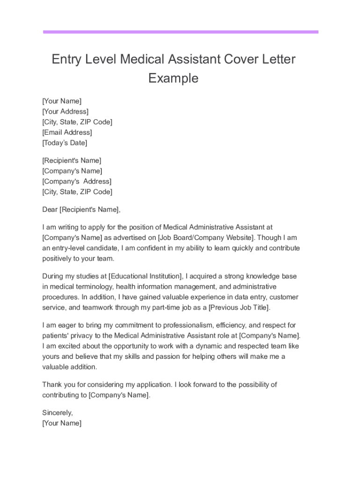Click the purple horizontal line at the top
coord(180,32)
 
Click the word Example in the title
coord(173,78)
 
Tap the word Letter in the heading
coord(278,59)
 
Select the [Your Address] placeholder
coord(65,111)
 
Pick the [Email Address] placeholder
coord(67,132)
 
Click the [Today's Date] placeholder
coord(65,143)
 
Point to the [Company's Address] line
coord(77,181)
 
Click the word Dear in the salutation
coord(50,209)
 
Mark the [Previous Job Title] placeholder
coord(239,307)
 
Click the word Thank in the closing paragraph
coord(52,385)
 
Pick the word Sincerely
coord(58,413)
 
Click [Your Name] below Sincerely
coord(62,423)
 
